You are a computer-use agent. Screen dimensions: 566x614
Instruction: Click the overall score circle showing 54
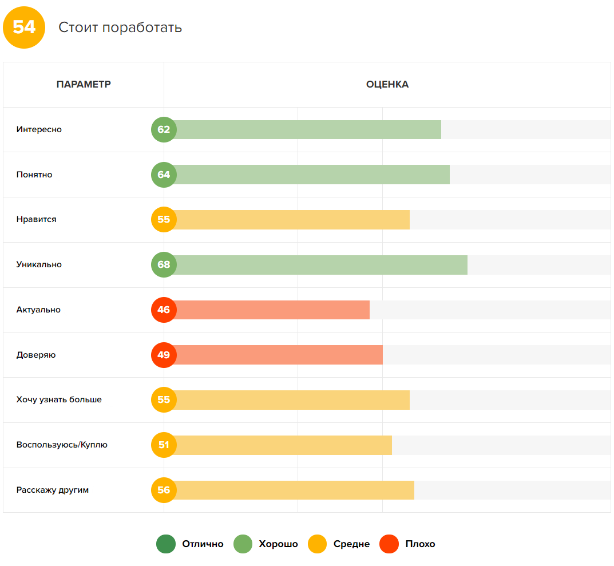pyautogui.click(x=24, y=27)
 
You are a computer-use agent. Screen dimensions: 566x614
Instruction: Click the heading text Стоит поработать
pyautogui.click(x=120, y=27)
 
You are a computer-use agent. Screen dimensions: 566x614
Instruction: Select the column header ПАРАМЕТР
pyautogui.click(x=84, y=85)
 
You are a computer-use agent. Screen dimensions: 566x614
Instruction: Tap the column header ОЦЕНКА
pyautogui.click(x=387, y=85)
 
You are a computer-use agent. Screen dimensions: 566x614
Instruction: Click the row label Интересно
pyautogui.click(x=39, y=130)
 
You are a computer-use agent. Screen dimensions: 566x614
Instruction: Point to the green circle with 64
pyautogui.click(x=164, y=175)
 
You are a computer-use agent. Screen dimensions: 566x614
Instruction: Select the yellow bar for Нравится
pyautogui.click(x=292, y=220)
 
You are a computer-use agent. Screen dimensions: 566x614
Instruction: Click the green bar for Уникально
pyautogui.click(x=320, y=265)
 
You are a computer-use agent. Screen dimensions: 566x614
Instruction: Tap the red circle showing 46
pyautogui.click(x=164, y=310)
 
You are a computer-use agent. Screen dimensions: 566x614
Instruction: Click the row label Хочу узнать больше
pyautogui.click(x=59, y=399)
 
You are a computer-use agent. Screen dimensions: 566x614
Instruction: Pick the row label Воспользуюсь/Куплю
pyautogui.click(x=62, y=445)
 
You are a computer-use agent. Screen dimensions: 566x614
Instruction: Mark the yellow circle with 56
pyautogui.click(x=164, y=490)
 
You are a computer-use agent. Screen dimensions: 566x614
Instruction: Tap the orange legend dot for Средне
pyautogui.click(x=318, y=544)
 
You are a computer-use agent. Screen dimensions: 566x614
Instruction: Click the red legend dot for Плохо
pyautogui.click(x=389, y=544)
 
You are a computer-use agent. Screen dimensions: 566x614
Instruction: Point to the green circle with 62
pyautogui.click(x=164, y=130)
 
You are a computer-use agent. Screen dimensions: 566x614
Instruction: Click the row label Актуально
pyautogui.click(x=38, y=310)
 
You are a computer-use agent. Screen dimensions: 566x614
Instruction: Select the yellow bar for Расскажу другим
pyautogui.click(x=294, y=490)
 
